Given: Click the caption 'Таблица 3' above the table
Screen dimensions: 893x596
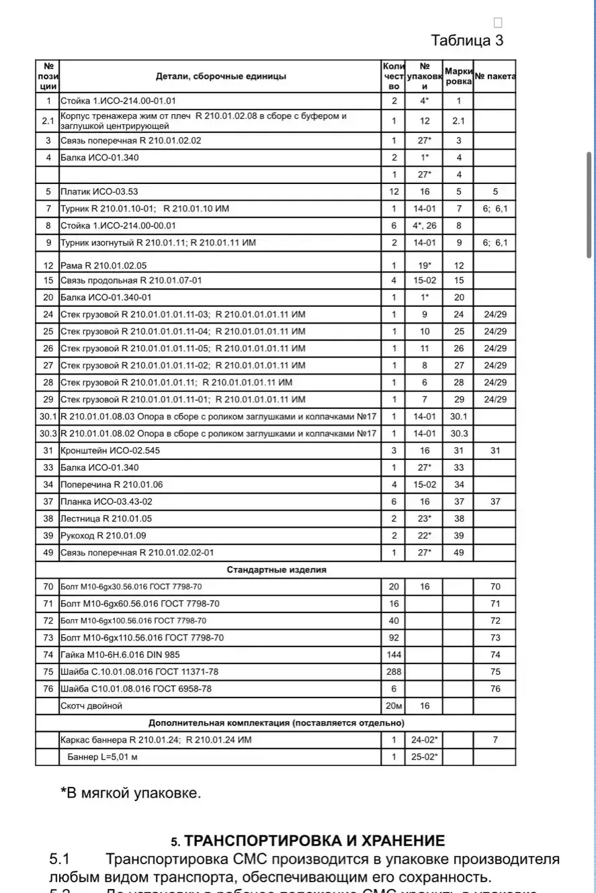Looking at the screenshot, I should [467, 40].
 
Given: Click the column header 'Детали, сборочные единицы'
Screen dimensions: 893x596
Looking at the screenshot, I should [221, 77].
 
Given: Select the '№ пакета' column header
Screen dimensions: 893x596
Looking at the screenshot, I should [495, 77].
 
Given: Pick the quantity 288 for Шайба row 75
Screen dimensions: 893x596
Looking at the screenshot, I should [394, 671].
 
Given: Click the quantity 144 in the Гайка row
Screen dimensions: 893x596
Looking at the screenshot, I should [394, 655].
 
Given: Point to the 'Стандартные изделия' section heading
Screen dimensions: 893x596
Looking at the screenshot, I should [276, 570].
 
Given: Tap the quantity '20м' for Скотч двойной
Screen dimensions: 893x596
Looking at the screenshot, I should [394, 706].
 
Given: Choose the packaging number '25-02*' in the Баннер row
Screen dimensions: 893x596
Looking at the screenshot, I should [425, 757].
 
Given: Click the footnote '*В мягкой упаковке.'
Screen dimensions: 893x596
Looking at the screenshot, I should [130, 792].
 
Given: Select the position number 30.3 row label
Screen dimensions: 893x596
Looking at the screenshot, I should [48, 433].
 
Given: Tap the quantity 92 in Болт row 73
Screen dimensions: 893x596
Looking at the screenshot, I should [394, 637].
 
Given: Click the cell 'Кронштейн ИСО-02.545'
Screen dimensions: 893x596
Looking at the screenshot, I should [111, 451].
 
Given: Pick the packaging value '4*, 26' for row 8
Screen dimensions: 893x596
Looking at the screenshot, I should [425, 226].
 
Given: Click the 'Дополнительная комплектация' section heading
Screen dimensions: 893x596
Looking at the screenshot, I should [276, 723].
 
